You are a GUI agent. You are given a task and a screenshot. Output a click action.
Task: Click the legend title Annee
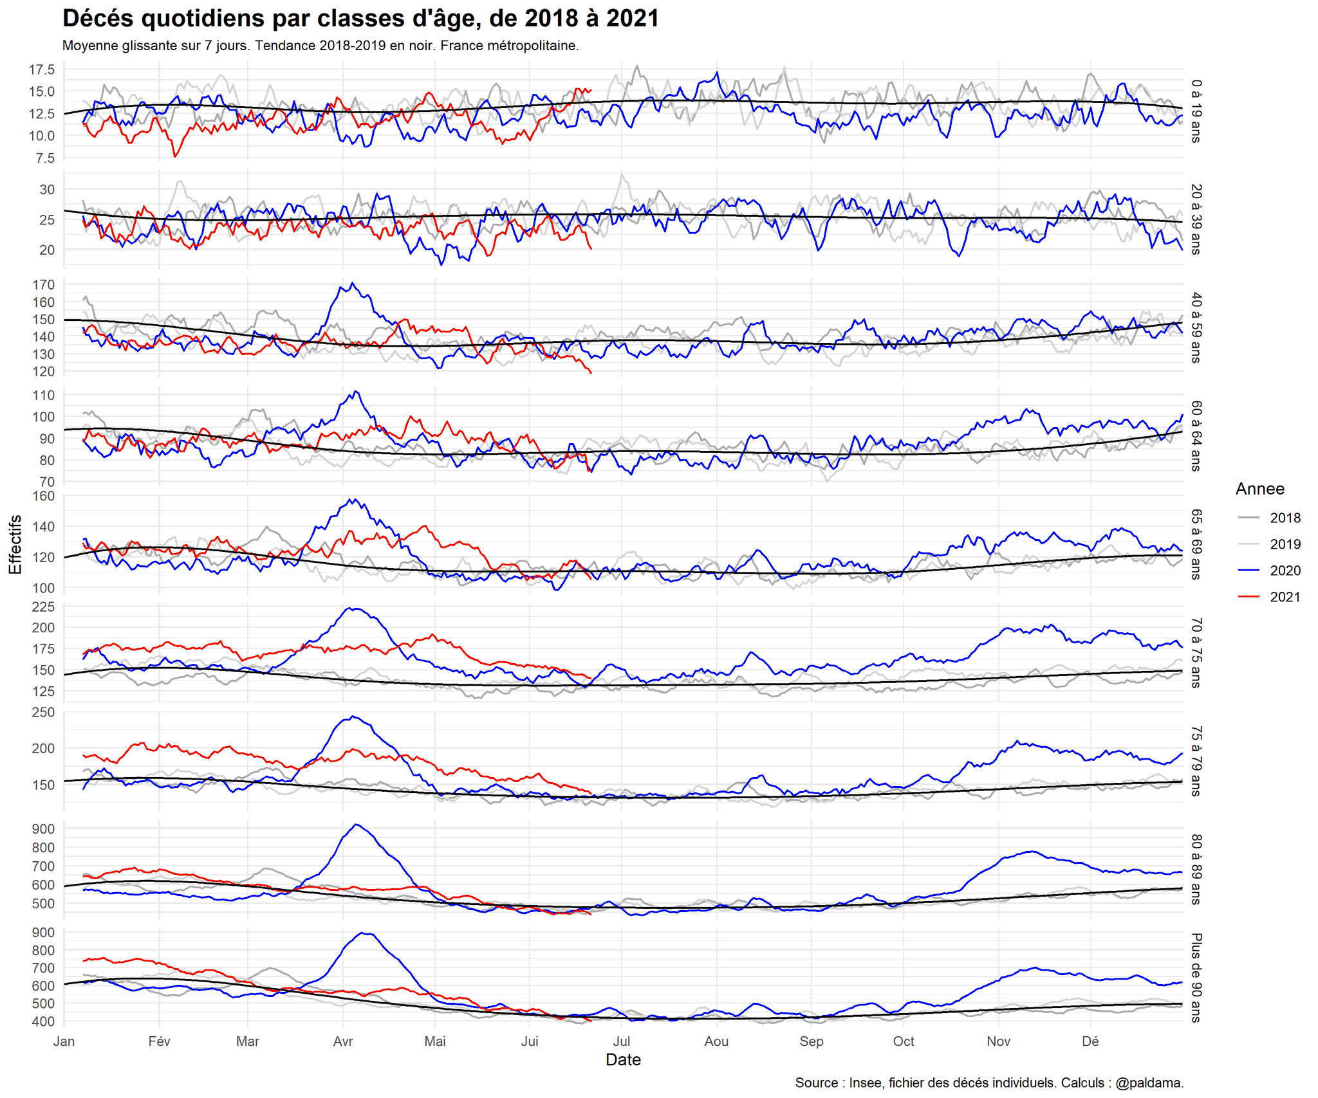(1259, 489)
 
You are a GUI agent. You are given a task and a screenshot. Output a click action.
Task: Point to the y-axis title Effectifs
(15, 544)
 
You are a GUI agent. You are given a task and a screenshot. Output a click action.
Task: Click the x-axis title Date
(623, 1059)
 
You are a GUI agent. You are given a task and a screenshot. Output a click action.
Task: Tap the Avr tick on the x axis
(343, 1041)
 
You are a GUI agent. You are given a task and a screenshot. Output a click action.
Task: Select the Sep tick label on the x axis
(811, 1041)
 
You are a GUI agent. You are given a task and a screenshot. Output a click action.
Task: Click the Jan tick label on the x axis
(64, 1041)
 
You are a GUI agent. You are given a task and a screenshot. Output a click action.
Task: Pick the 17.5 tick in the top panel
(42, 69)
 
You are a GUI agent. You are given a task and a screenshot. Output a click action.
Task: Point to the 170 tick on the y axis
(44, 284)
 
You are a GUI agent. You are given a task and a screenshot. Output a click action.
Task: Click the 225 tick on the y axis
(44, 607)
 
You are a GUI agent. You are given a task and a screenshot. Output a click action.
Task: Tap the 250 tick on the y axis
(44, 712)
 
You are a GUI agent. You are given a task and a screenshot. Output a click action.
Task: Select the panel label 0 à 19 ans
(1196, 111)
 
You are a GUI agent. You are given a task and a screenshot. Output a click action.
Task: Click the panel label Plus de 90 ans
(1196, 977)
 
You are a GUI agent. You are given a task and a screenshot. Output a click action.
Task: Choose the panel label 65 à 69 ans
(1196, 544)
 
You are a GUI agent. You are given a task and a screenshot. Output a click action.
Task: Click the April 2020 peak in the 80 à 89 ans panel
(357, 825)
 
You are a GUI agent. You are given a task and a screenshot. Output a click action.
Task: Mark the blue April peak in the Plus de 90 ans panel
(366, 933)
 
